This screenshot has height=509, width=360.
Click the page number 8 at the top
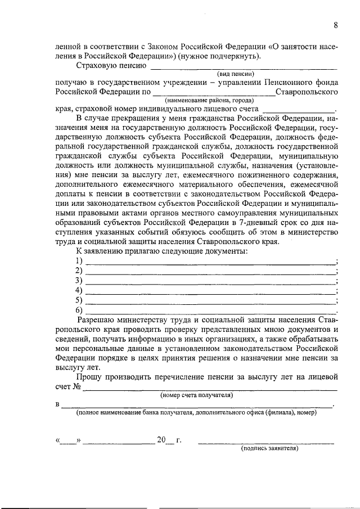pos(335,25)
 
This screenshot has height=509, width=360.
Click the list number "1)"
pos(79,261)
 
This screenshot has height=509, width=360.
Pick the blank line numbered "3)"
pos(211,281)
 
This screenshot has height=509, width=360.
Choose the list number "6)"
pos(79,310)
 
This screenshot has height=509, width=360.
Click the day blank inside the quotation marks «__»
pos(69,440)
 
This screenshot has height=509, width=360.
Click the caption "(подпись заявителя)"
pos(269,448)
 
